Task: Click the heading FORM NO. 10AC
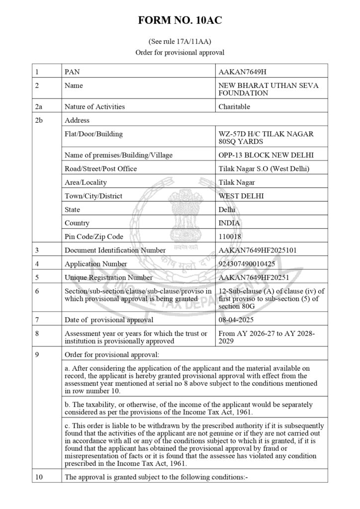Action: [x=180, y=21]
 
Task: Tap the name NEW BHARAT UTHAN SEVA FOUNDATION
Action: [x=269, y=89]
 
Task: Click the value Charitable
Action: [x=234, y=106]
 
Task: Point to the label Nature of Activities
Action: [x=94, y=106]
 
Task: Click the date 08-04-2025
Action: [x=237, y=320]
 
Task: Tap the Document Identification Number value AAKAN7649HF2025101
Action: [x=258, y=250]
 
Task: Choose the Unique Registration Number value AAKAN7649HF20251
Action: [x=254, y=277]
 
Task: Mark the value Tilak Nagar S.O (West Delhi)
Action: [x=264, y=169]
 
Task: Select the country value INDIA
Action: [x=229, y=223]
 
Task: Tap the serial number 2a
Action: [x=39, y=106]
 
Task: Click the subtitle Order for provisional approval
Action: [x=180, y=52]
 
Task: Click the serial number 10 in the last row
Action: [x=39, y=477]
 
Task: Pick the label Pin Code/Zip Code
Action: [x=94, y=237]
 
